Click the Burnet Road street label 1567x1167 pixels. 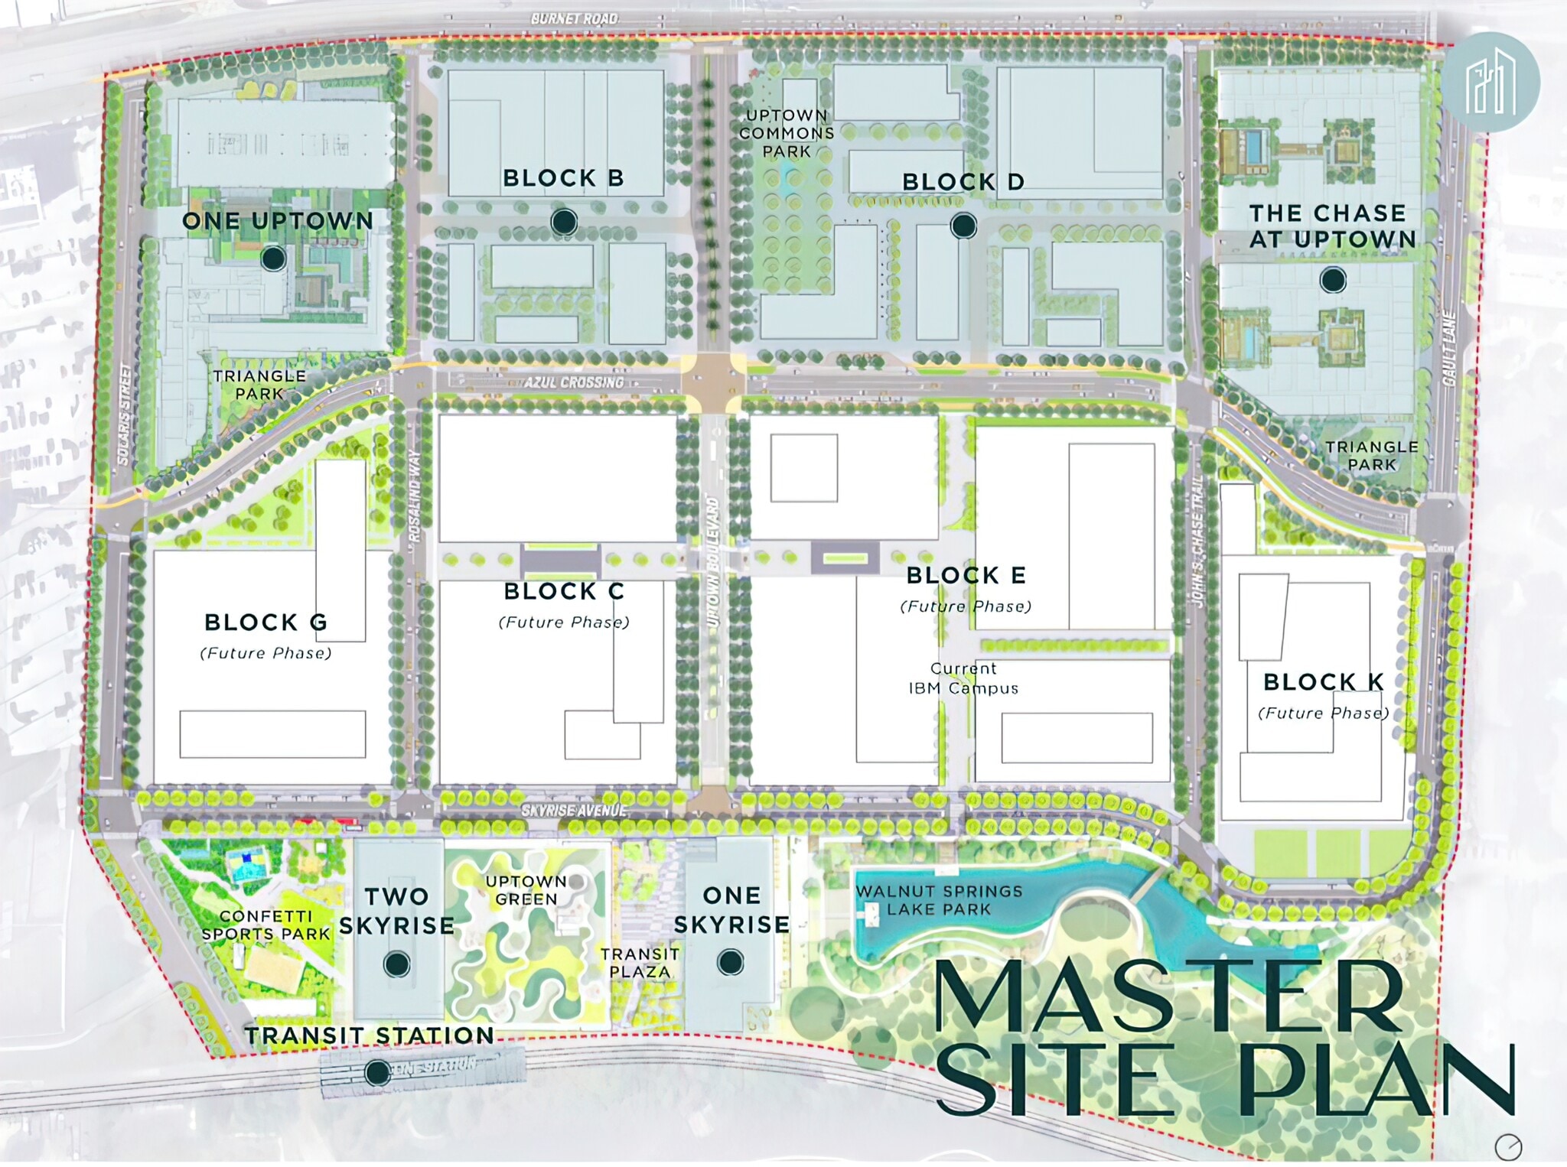pyautogui.click(x=574, y=18)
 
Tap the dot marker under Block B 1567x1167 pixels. pyautogui.click(x=564, y=222)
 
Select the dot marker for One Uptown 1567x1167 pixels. pyautogui.click(x=273, y=258)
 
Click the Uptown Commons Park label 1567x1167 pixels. pyautogui.click(x=787, y=133)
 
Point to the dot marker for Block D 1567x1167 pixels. pyautogui.click(x=963, y=226)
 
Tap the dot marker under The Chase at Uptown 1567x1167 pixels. pyautogui.click(x=1333, y=281)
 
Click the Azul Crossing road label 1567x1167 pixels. pyautogui.click(x=574, y=382)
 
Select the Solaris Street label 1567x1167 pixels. pyautogui.click(x=125, y=414)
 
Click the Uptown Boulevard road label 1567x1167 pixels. pyautogui.click(x=712, y=563)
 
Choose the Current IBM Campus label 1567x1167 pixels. pyautogui.click(x=963, y=678)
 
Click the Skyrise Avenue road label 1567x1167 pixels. pyautogui.click(x=574, y=811)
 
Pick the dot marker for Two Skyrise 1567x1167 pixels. pyautogui.click(x=396, y=964)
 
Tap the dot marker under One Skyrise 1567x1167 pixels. pyautogui.click(x=731, y=963)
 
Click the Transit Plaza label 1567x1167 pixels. pyautogui.click(x=640, y=963)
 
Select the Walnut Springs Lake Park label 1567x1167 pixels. pyautogui.click(x=939, y=900)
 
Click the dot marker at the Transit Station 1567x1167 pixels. pyautogui.click(x=376, y=1073)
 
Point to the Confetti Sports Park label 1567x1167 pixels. pyautogui.click(x=266, y=925)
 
